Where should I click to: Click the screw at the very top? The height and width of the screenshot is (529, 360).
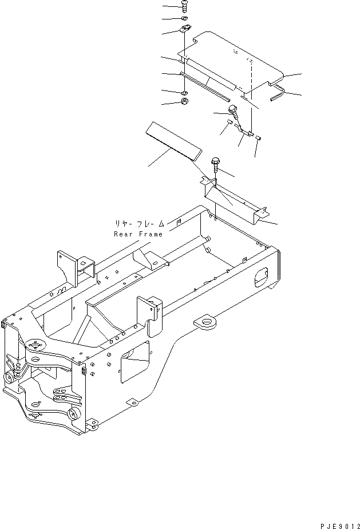(x=184, y=6)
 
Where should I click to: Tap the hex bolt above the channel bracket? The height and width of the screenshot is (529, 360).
(x=216, y=164)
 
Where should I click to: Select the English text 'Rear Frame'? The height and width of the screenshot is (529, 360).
(x=138, y=234)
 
